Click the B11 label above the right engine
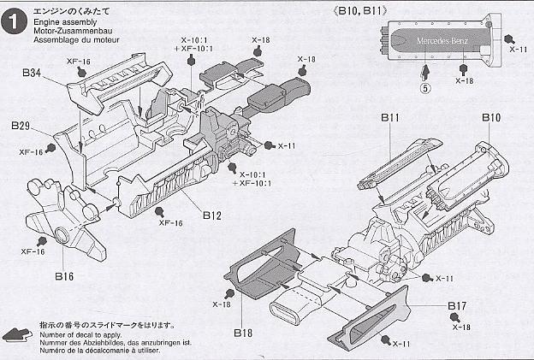pos(390,118)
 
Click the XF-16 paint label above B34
pos(80,62)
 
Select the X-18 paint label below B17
pos(460,327)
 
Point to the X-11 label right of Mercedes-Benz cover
pos(517,50)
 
